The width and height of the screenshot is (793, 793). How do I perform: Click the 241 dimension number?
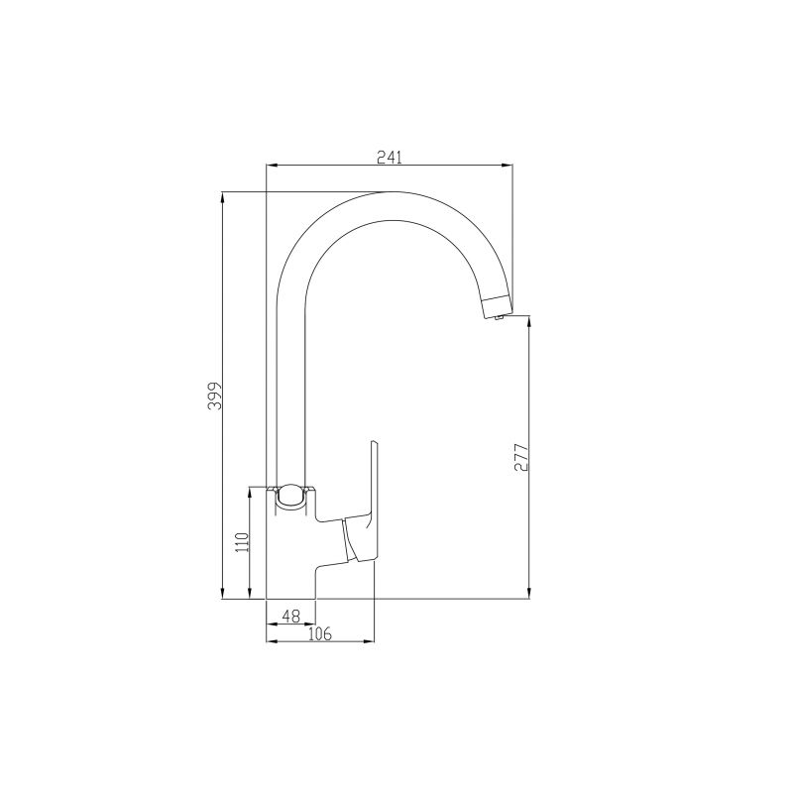390,156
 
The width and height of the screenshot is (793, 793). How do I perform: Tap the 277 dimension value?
522,456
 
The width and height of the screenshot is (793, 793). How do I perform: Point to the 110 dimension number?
239,544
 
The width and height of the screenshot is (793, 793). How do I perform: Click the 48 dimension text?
290,616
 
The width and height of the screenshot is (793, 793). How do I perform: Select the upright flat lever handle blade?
374,486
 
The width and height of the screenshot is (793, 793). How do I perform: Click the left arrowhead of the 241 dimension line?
272,166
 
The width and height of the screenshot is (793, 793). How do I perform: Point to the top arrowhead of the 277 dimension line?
530,322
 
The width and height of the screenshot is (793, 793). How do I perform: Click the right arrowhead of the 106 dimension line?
372,641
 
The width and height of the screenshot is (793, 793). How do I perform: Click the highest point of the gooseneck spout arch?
396,192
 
